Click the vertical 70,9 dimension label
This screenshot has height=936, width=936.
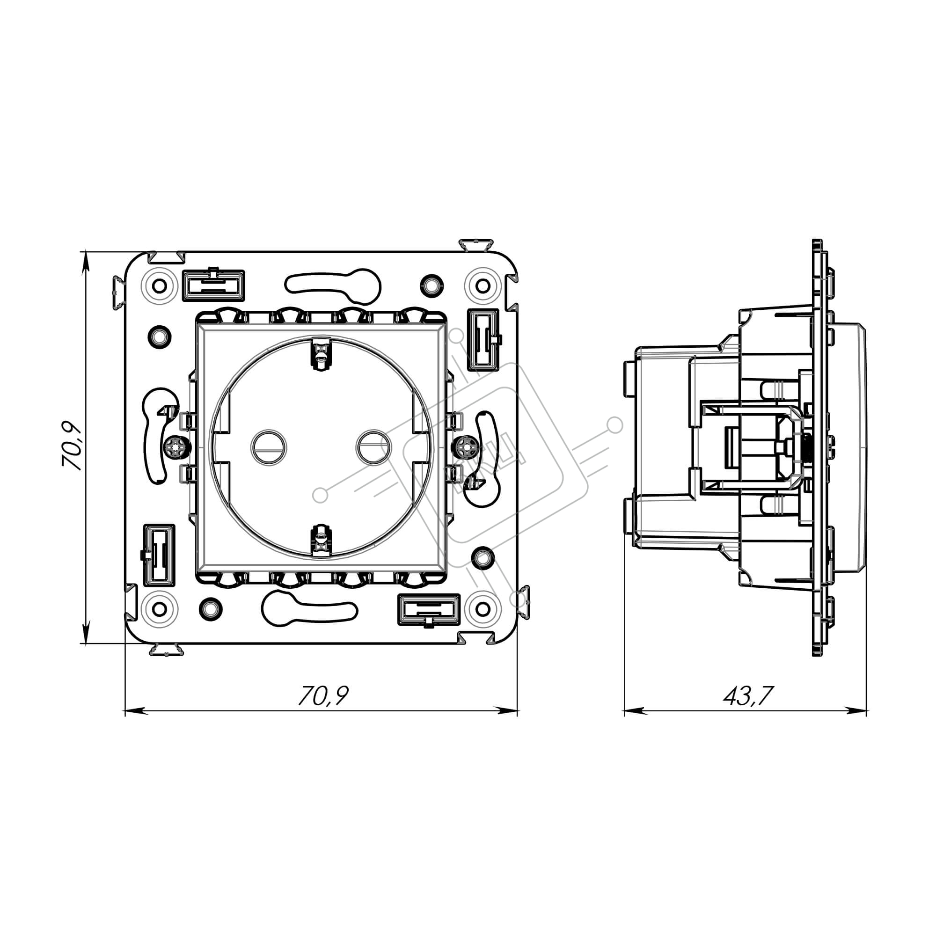coord(73,445)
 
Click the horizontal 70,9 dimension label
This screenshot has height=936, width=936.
coord(322,695)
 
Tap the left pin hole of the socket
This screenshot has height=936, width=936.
coord(268,447)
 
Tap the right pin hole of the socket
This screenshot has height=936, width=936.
coord(373,447)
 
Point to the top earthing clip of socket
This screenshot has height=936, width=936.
coord(320,353)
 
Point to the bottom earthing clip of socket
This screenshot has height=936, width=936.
coord(320,541)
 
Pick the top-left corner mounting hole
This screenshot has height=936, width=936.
coord(160,286)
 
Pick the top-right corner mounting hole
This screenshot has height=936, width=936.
coord(483,286)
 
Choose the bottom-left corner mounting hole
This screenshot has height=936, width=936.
coord(160,609)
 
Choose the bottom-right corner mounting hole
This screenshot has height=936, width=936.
coord(483,609)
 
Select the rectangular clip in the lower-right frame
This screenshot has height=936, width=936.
coord(428,610)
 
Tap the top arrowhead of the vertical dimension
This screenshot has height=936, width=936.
coord(86,262)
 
